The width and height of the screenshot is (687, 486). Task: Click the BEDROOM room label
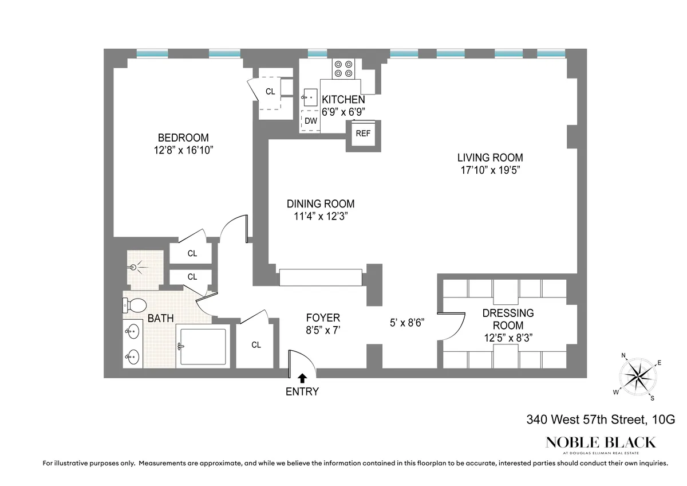tap(183, 138)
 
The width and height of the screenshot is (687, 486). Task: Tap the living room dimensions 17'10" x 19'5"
tap(489, 170)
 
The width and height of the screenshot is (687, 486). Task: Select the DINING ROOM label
tap(320, 203)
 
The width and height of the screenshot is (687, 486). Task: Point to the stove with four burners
tap(345, 69)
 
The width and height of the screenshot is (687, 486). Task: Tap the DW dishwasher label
tap(311, 121)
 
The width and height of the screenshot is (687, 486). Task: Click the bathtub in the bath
tap(203, 346)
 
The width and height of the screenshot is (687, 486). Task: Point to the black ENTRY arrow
tap(302, 377)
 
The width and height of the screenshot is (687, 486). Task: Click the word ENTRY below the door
tap(302, 392)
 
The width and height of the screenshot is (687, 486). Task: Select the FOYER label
tap(323, 318)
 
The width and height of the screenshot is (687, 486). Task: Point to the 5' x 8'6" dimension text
tap(408, 323)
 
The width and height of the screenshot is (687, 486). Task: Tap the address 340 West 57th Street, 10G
tap(601, 420)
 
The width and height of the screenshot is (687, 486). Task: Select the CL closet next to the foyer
tap(256, 345)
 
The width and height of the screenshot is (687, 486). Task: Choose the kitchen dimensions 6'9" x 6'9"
tap(343, 112)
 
